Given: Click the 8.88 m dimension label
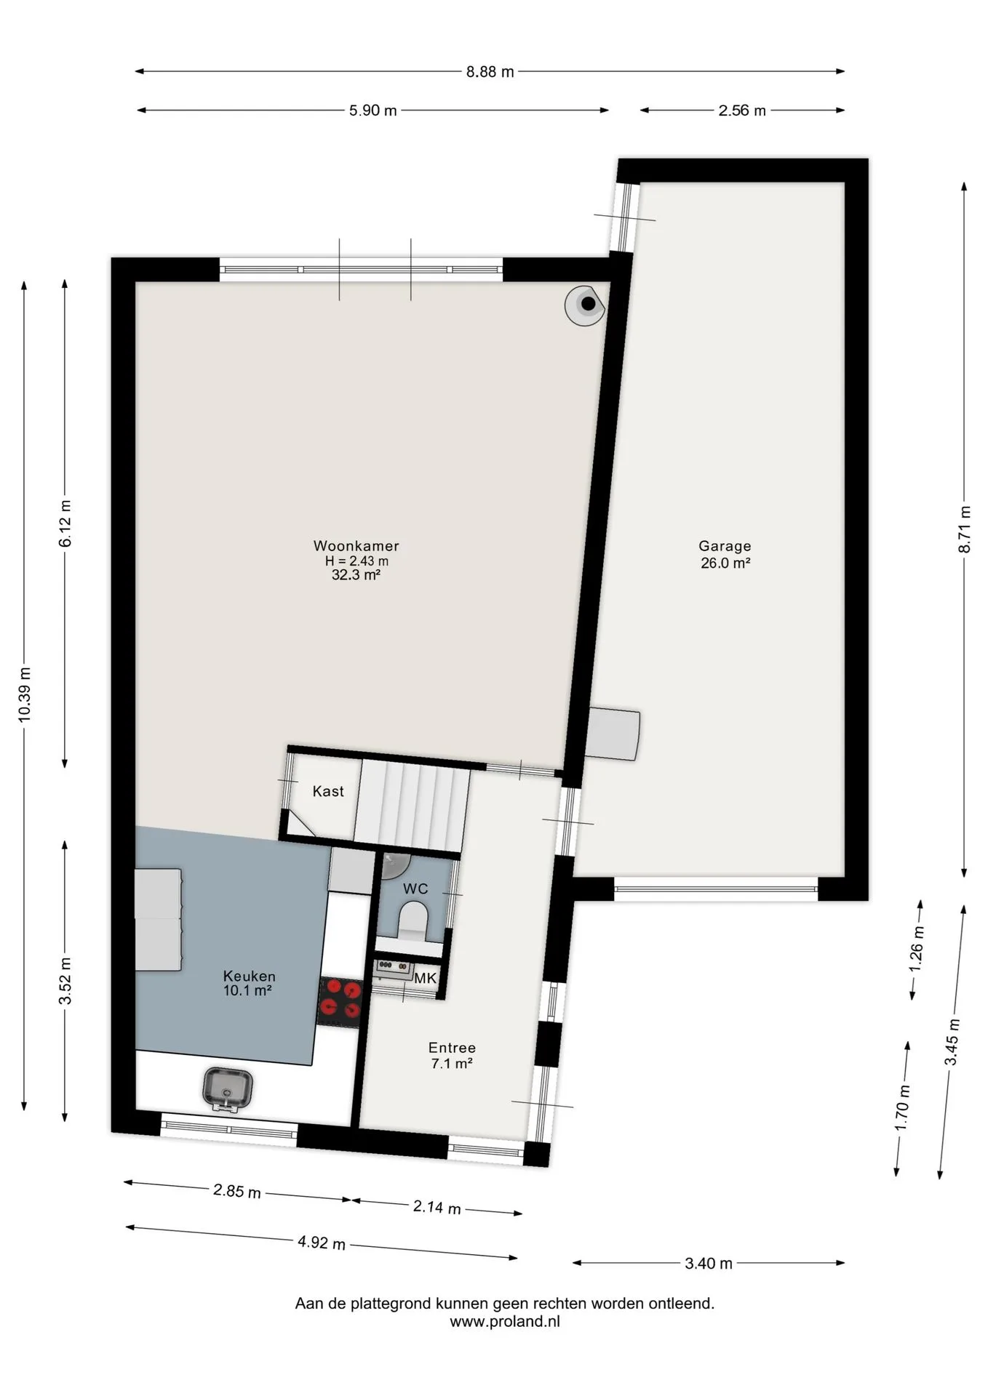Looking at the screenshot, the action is point(490,71).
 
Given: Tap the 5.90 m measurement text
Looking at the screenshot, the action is point(373,111).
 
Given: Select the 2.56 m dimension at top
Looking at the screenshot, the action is point(742,111).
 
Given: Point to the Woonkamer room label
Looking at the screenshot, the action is point(356,545).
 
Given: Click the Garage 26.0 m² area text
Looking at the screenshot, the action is point(725,562).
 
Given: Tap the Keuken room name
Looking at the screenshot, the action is point(250,976).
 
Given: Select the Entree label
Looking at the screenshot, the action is point(452,1048).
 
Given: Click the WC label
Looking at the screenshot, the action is point(415,888).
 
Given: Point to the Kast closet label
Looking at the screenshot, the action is point(328,791).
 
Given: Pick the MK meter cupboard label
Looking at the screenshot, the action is point(426,978).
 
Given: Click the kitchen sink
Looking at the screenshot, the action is point(228,1088).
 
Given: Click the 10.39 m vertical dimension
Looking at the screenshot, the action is point(24,694).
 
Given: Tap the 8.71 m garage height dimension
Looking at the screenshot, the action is point(965,529).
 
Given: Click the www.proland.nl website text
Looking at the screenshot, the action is point(505,1322).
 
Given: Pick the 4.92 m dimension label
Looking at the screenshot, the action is point(322,1243).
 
